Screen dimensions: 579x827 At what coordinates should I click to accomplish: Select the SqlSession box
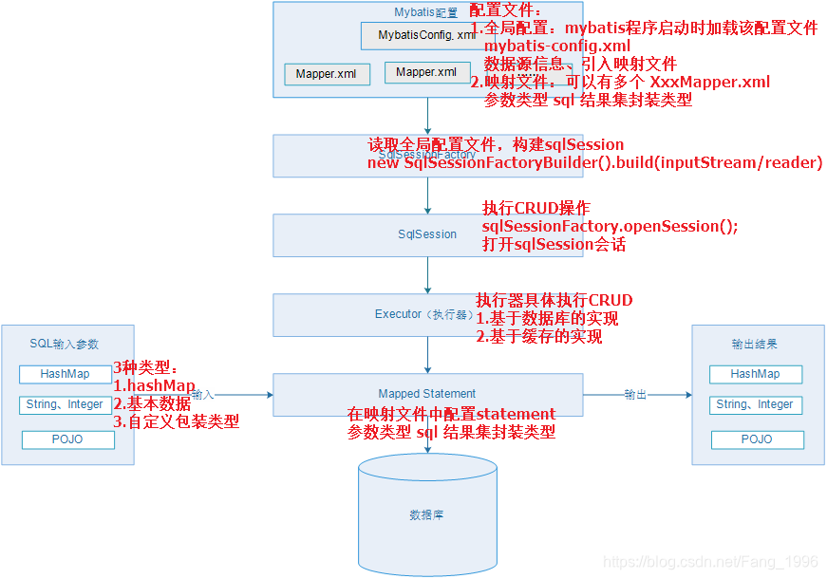pyautogui.click(x=427, y=234)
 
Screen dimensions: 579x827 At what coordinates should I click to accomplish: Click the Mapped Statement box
pyautogui.click(x=427, y=394)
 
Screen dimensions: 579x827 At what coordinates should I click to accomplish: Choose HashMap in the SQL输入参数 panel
pyautogui.click(x=66, y=374)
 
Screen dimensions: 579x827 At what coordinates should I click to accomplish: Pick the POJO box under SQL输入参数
pyautogui.click(x=67, y=440)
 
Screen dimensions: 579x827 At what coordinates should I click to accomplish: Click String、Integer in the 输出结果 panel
pyautogui.click(x=755, y=404)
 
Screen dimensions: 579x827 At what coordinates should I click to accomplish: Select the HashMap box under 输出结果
pyautogui.click(x=755, y=374)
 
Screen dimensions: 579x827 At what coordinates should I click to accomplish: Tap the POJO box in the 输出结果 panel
pyautogui.click(x=757, y=440)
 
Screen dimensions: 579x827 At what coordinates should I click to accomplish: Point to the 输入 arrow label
pyautogui.click(x=202, y=394)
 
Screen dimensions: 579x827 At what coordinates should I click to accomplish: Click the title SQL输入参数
pyautogui.click(x=64, y=344)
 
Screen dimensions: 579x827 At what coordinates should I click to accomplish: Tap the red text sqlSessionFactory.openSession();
pyautogui.click(x=610, y=226)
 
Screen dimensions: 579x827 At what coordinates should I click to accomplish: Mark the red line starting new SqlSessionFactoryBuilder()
pyautogui.click(x=594, y=162)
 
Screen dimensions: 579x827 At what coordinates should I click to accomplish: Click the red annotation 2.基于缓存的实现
pyautogui.click(x=538, y=336)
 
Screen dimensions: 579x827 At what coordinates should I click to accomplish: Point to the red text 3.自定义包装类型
pyautogui.click(x=176, y=421)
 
